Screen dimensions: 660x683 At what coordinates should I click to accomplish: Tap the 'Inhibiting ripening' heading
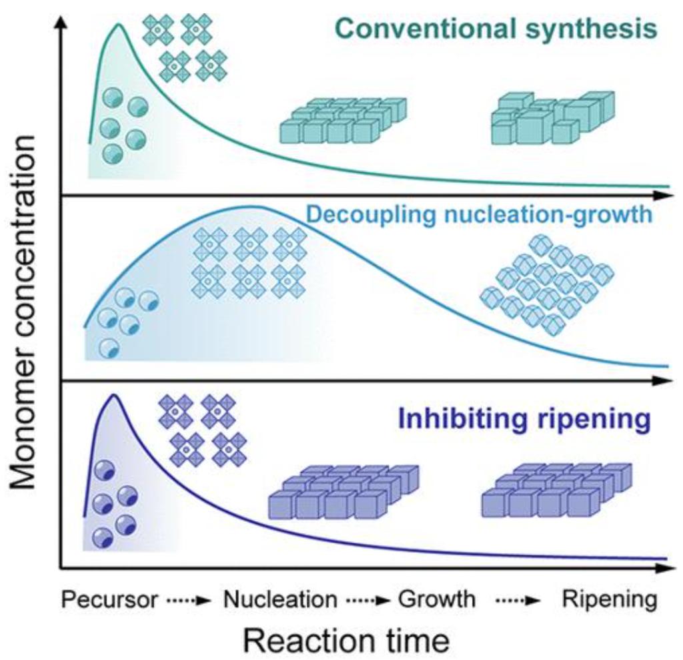coord(524,420)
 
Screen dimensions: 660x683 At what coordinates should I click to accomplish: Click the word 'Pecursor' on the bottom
coord(109,599)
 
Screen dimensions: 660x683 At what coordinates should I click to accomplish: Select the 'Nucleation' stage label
coord(280,599)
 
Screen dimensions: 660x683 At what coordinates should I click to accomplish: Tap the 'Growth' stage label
coord(437,599)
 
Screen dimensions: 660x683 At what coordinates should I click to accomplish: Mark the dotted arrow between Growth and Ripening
coord(517,600)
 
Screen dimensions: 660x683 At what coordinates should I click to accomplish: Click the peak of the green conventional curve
coord(119,25)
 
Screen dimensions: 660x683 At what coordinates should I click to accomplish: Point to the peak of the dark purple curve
coord(114,395)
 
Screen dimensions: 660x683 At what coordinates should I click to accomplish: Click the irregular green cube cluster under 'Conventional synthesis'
coord(552,117)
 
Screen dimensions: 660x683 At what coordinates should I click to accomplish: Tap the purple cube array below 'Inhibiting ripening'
coord(556,490)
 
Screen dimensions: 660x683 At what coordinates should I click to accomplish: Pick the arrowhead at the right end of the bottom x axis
coord(664,569)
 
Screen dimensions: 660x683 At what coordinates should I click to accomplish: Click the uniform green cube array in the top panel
coord(342,120)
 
